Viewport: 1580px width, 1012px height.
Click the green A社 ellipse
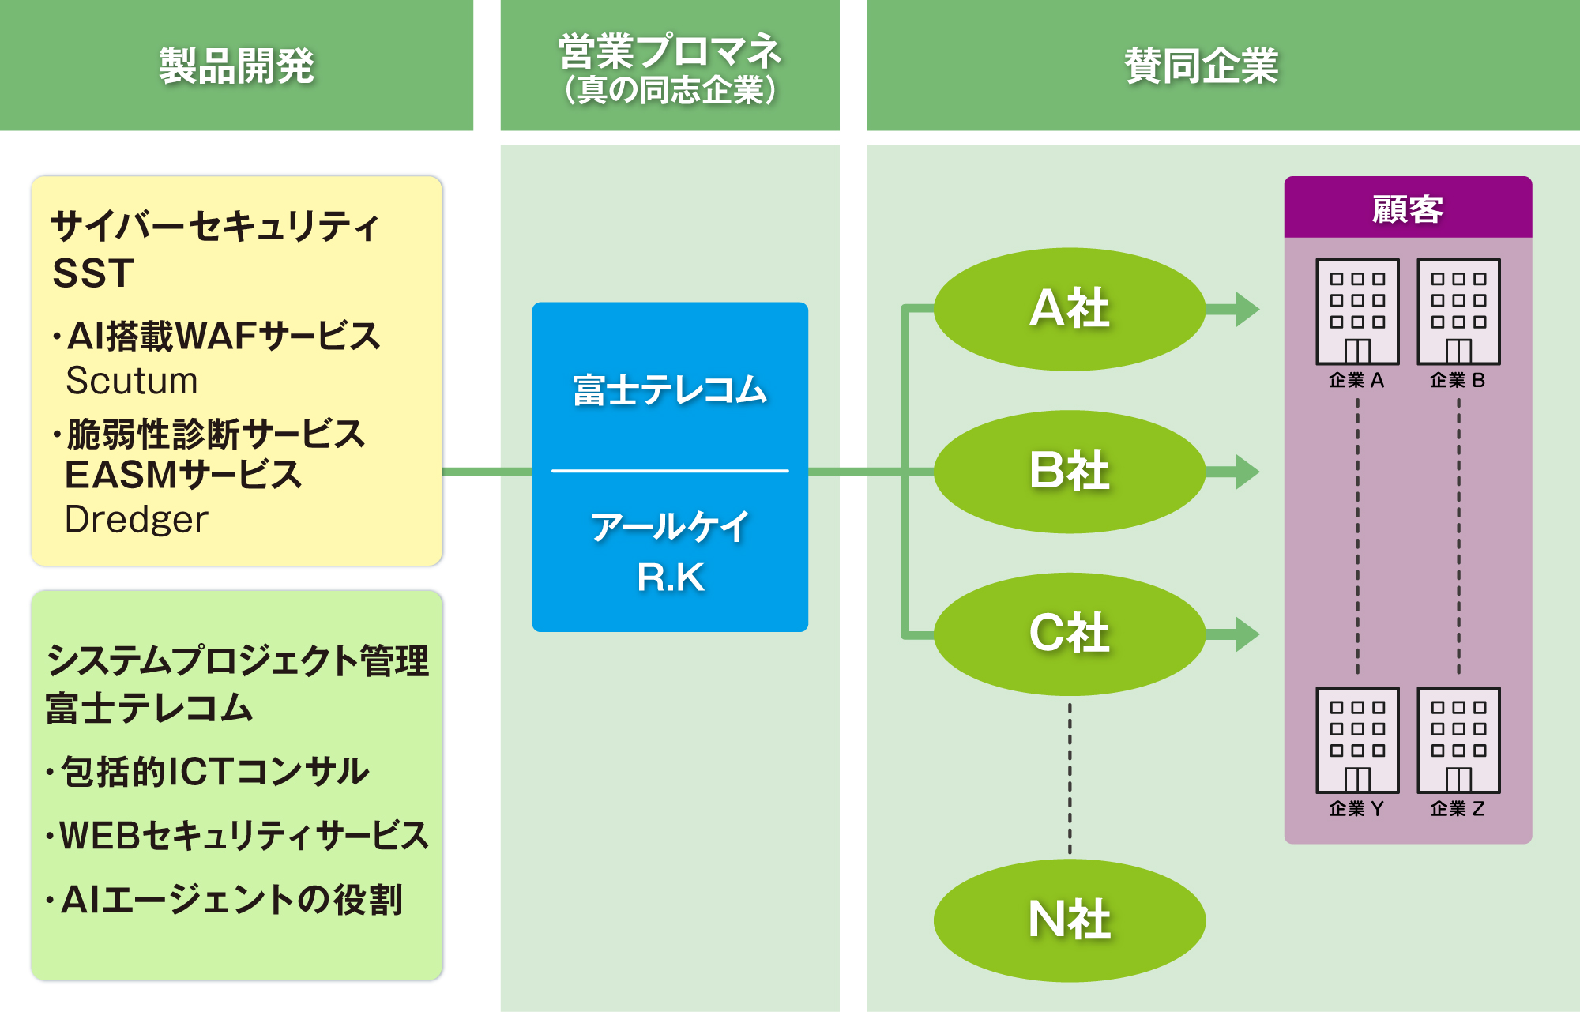(1070, 309)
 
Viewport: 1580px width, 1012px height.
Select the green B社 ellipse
(1070, 472)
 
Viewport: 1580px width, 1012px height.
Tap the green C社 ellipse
(1070, 634)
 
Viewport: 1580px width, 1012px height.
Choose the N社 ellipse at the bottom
(1070, 920)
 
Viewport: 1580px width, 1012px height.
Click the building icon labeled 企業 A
(1357, 312)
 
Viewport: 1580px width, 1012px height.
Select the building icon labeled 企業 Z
(1458, 740)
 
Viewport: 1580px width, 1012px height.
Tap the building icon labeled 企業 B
(1458, 312)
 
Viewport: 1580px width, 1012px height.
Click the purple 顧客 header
(1408, 209)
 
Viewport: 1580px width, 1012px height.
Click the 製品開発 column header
(236, 66)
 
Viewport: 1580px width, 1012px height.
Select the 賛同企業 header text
(1201, 66)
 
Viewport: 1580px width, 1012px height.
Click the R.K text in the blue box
(670, 577)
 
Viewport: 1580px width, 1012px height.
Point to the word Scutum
(132, 381)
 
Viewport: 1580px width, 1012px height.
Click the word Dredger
(137, 520)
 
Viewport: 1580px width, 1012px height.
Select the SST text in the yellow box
(93, 273)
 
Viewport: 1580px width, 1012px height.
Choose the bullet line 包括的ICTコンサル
(213, 772)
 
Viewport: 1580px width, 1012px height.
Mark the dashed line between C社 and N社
(1070, 778)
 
